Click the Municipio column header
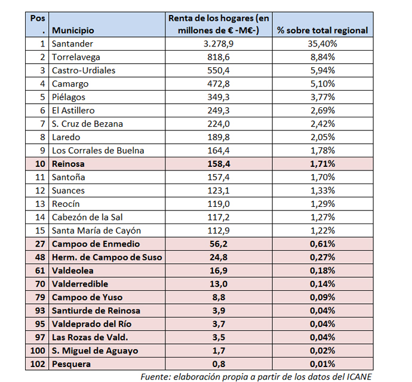73,30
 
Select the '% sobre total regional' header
322,30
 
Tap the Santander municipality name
72,44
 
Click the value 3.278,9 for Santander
219,44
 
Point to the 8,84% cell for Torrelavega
322,57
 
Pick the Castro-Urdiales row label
84,70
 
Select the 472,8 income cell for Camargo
219,84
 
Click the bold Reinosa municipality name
68,164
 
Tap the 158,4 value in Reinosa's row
219,164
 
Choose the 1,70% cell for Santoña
322,177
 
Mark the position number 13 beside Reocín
40,204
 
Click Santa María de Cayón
96,231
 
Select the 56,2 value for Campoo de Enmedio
219,244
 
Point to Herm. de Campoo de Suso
107,257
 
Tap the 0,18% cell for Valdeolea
322,271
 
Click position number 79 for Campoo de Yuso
40,297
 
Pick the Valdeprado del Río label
92,324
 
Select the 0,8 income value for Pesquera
219,364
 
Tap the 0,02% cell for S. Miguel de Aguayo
322,351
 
